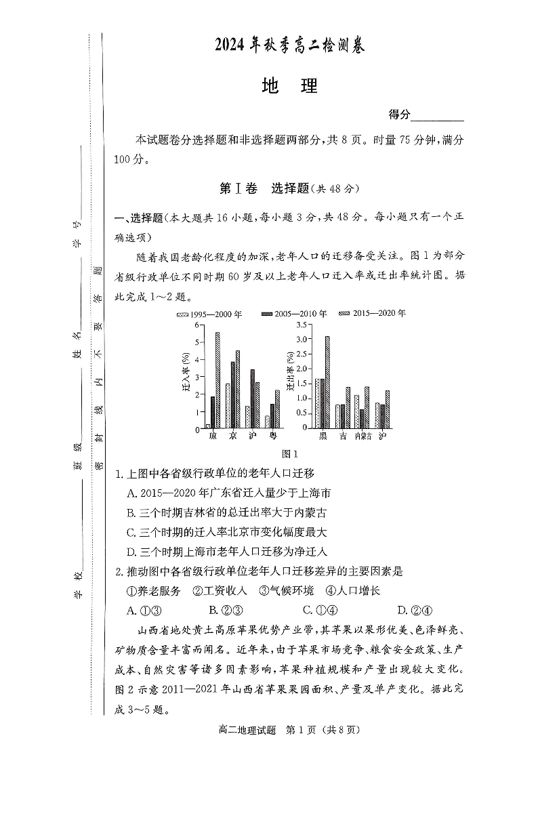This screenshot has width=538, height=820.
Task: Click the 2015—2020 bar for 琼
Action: click(x=218, y=380)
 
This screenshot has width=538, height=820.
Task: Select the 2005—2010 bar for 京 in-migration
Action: click(x=232, y=394)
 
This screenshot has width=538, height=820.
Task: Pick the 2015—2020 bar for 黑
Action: click(x=327, y=382)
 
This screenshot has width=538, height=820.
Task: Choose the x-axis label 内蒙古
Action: click(x=363, y=436)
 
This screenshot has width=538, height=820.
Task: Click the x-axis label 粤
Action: click(x=272, y=436)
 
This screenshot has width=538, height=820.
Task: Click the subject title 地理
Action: click(x=289, y=87)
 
